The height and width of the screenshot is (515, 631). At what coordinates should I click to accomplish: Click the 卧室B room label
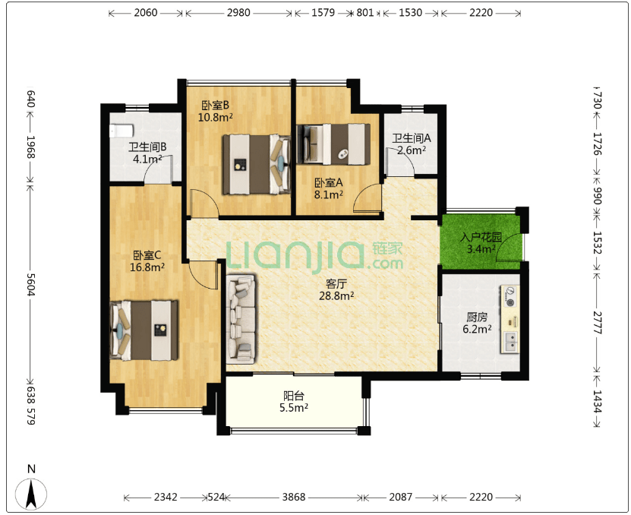click(216, 106)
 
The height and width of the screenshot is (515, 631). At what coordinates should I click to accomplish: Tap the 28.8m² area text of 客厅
click(336, 296)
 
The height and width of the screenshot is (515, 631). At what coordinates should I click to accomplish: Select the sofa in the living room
click(241, 319)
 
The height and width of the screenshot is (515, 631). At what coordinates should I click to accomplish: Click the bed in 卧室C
click(144, 330)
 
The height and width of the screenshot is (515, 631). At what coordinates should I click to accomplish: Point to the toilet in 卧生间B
click(121, 131)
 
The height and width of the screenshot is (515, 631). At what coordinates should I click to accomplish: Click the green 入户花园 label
click(481, 237)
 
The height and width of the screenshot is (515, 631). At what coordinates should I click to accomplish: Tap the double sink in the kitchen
click(510, 342)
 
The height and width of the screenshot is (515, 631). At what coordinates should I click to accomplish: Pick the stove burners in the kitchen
click(510, 297)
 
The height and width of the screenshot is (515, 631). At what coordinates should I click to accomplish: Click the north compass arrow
click(31, 494)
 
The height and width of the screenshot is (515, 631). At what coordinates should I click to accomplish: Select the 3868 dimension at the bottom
click(293, 497)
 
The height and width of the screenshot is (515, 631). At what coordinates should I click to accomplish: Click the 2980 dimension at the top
click(238, 12)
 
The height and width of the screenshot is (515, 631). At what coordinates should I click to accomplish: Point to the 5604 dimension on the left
click(31, 284)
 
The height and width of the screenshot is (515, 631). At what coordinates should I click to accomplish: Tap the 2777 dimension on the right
click(597, 323)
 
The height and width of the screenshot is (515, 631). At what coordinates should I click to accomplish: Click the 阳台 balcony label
click(294, 396)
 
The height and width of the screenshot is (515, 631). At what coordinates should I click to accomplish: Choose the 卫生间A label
click(412, 138)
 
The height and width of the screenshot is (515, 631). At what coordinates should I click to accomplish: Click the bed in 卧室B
click(257, 164)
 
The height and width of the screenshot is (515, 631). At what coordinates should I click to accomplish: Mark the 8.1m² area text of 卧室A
click(329, 195)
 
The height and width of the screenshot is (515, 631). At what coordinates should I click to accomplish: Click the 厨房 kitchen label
click(477, 317)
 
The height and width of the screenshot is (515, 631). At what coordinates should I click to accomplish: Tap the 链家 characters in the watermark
click(387, 248)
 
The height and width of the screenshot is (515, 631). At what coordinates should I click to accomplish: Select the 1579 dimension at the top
click(323, 12)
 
